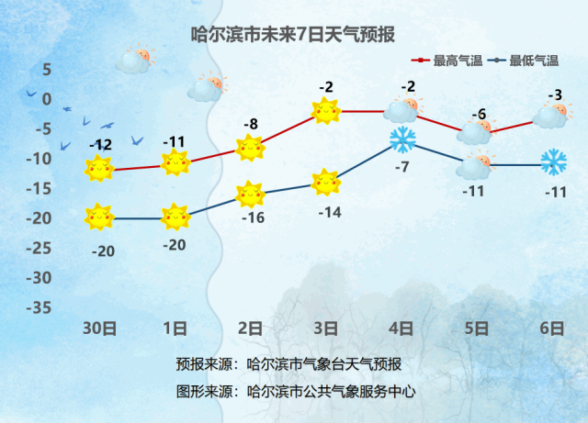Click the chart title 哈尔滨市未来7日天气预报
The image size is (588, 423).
tap(293, 35)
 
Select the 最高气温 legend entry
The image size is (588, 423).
tap(447, 61)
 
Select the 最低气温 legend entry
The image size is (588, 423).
tap(524, 61)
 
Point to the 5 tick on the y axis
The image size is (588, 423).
tap(47, 70)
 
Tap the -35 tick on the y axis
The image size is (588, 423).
tap(39, 307)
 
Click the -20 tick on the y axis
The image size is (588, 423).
tap(39, 218)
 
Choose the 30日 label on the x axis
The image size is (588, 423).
tap(99, 328)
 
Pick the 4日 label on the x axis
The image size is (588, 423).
tap(401, 328)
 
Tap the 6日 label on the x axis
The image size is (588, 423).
tap(552, 328)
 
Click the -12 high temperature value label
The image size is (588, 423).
tap(101, 145)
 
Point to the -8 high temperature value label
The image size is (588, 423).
tap(251, 124)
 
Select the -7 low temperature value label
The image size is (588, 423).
tap(402, 167)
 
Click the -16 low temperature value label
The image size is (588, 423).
tap(254, 217)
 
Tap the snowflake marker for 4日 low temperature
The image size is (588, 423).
tap(402, 139)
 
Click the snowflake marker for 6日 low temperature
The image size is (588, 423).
tap(553, 162)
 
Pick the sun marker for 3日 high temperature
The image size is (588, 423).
tap(326, 111)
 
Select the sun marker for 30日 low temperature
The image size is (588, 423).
tap(99, 217)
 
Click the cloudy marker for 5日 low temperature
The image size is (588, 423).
tap(475, 165)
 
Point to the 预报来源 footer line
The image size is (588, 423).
tap(288, 364)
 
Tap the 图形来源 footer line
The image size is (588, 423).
tap(296, 392)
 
